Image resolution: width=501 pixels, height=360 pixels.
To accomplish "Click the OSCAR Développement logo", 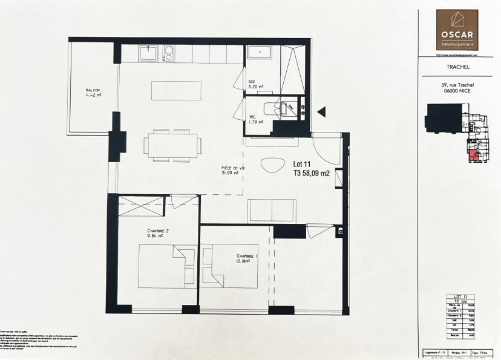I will (x=457, y=30).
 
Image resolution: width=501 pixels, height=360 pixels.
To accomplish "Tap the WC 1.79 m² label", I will (x=255, y=119).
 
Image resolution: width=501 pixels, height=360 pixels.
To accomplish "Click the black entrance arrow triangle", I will (x=321, y=111).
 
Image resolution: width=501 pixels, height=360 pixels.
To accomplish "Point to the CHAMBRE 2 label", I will (x=157, y=232).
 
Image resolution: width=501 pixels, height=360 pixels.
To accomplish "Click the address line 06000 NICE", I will (x=457, y=92).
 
